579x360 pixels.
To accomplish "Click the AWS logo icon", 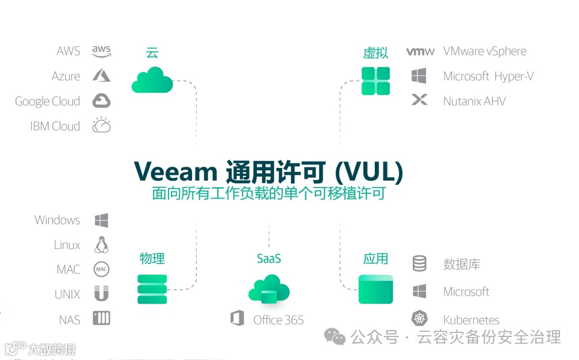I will point(101,51).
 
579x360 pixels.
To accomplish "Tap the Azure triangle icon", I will point(102,76).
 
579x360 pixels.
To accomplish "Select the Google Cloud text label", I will point(47,101).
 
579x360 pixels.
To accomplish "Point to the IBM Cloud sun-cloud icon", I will point(102,125).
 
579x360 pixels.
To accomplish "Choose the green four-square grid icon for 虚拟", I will point(375,81).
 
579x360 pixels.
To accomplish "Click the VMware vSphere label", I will point(485,51).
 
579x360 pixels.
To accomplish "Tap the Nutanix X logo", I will point(420,101).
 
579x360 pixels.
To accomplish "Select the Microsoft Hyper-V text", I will point(488,76).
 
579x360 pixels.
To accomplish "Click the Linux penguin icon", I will point(102,245).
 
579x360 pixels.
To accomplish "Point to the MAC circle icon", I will point(102,269).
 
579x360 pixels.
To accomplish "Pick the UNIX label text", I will point(67,294).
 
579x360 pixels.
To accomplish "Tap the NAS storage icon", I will point(102,319).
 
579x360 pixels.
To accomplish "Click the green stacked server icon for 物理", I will point(152,289).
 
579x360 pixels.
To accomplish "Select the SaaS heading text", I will point(269,259).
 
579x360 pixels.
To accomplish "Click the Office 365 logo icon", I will point(237,319).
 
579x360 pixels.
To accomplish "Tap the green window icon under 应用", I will point(375,289).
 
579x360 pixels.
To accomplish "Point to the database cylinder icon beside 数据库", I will point(420,264).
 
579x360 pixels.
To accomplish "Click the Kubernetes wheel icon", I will point(420,319).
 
